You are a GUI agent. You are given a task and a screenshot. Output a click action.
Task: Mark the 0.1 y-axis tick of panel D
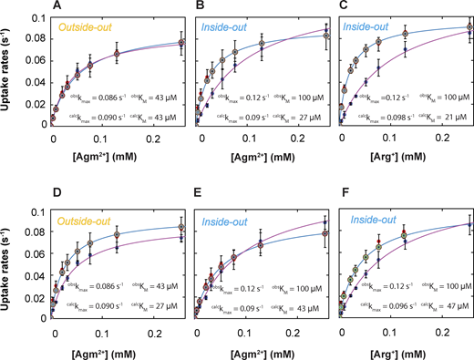40,211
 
